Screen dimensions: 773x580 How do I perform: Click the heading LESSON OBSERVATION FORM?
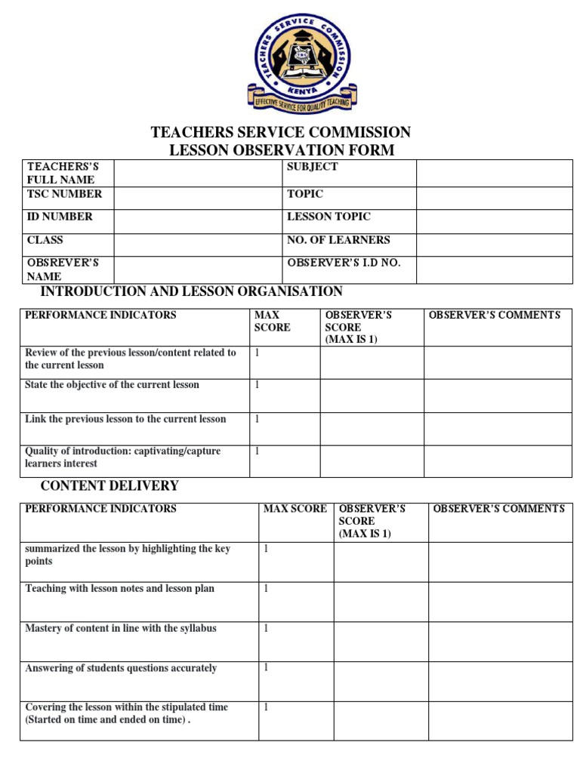pos(281,150)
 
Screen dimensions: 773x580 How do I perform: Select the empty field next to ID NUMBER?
pos(197,220)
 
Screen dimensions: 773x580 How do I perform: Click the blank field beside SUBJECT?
pos(494,173)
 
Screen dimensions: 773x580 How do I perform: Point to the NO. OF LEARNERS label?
pos(338,240)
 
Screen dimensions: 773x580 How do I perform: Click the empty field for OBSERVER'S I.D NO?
pos(494,269)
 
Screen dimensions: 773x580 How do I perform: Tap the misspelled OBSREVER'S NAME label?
pos(63,269)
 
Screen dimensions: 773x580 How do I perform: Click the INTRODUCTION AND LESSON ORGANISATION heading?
pos(191,291)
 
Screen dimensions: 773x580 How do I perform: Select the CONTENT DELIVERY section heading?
pos(110,485)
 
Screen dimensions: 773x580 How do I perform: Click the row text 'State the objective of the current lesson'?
pos(112,385)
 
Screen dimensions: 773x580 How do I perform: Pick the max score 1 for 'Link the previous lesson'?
pos(258,419)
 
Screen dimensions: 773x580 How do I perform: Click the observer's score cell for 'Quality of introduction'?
pos(372,460)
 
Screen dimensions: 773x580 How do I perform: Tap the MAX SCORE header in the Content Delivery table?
pos(295,509)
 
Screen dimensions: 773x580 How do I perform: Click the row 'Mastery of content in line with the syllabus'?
pos(121,628)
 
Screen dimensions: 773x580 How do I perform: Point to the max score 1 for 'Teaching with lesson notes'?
pos(266,588)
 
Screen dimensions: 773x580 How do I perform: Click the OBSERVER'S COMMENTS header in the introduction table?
pos(495,315)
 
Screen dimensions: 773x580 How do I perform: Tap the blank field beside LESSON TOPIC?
pos(494,220)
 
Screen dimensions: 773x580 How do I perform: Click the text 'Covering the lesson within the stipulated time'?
pos(127,707)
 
